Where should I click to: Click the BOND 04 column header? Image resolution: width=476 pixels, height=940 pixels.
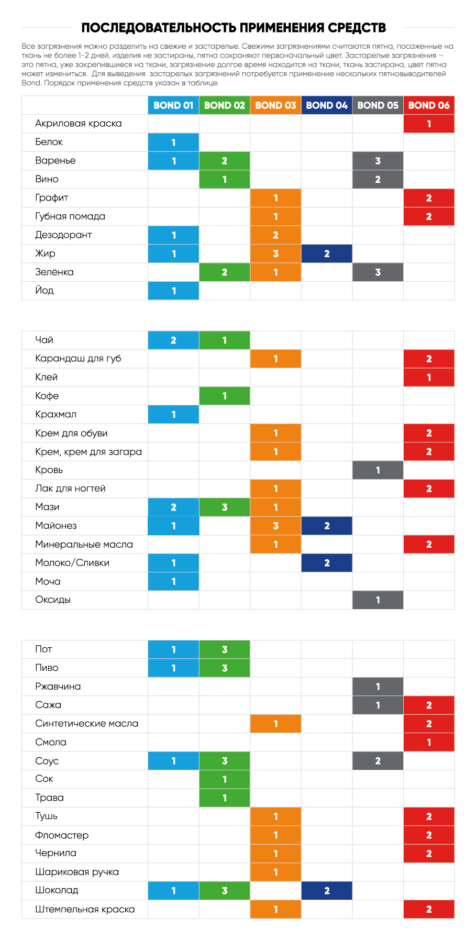point(327,105)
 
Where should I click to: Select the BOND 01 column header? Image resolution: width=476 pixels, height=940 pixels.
point(173,105)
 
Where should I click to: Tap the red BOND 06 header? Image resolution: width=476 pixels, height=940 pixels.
point(429,105)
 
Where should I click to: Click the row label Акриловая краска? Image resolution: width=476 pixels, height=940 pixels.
point(79,124)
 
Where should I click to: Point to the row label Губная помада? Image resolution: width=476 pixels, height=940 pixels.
point(70,216)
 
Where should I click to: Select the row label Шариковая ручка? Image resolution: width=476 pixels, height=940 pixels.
point(77,872)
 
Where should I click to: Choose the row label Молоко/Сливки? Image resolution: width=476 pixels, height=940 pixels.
point(72,563)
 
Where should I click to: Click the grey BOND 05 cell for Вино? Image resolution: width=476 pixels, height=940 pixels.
point(378,179)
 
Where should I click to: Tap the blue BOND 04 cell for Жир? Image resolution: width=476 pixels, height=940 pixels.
point(327,253)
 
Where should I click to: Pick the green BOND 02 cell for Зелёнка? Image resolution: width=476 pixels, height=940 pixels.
point(225,272)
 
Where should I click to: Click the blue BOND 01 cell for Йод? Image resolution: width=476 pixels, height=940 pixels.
point(173,291)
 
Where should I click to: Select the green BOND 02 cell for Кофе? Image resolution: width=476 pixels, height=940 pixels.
point(225,396)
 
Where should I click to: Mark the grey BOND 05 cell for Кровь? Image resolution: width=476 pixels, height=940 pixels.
point(378,470)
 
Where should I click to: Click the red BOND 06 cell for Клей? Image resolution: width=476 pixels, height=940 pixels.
point(429,377)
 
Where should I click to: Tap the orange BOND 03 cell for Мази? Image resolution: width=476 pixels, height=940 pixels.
point(275,507)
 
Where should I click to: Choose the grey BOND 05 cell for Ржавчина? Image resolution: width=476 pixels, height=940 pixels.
point(378,687)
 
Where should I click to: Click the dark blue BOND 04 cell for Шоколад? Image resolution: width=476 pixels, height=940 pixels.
point(327,890)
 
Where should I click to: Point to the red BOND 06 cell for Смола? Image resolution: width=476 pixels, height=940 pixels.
point(429,742)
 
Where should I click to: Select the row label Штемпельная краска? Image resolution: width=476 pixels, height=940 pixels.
point(85,909)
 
